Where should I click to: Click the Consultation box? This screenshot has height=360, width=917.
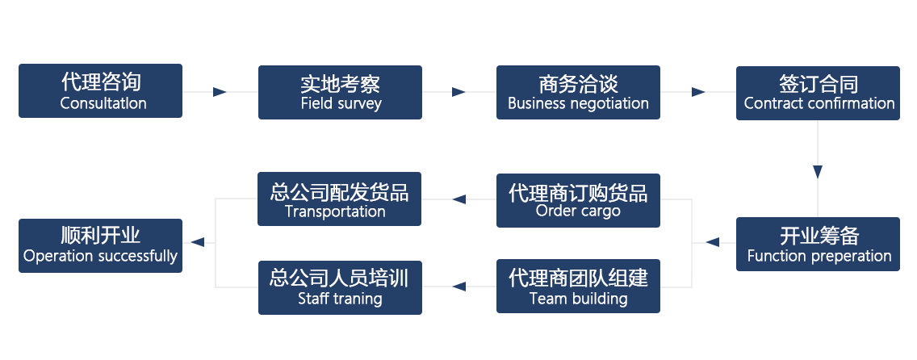[101, 91]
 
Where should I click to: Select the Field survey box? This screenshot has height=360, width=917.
[340, 92]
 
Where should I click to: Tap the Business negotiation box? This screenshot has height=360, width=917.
[578, 92]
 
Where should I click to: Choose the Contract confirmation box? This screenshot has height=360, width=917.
[818, 93]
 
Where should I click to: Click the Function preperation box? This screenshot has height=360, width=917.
[818, 244]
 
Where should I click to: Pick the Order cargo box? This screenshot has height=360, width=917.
[578, 200]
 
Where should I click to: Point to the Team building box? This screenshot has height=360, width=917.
[578, 287]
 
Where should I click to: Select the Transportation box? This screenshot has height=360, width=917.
[340, 199]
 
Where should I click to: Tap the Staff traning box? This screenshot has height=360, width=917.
[340, 287]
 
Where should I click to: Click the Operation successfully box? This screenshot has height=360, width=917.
[101, 245]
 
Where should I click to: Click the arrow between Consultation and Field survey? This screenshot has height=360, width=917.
[220, 92]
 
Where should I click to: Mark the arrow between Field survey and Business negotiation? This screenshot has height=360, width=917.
[458, 92]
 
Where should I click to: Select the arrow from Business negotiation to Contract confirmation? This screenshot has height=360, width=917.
[699, 93]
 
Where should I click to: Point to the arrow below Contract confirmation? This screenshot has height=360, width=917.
[818, 171]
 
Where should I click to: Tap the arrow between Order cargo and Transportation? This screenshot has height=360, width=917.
[458, 199]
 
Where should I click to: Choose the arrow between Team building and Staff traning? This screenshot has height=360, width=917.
[458, 286]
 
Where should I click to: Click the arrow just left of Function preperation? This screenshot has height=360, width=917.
[713, 242]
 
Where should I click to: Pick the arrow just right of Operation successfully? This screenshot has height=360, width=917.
[196, 242]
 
